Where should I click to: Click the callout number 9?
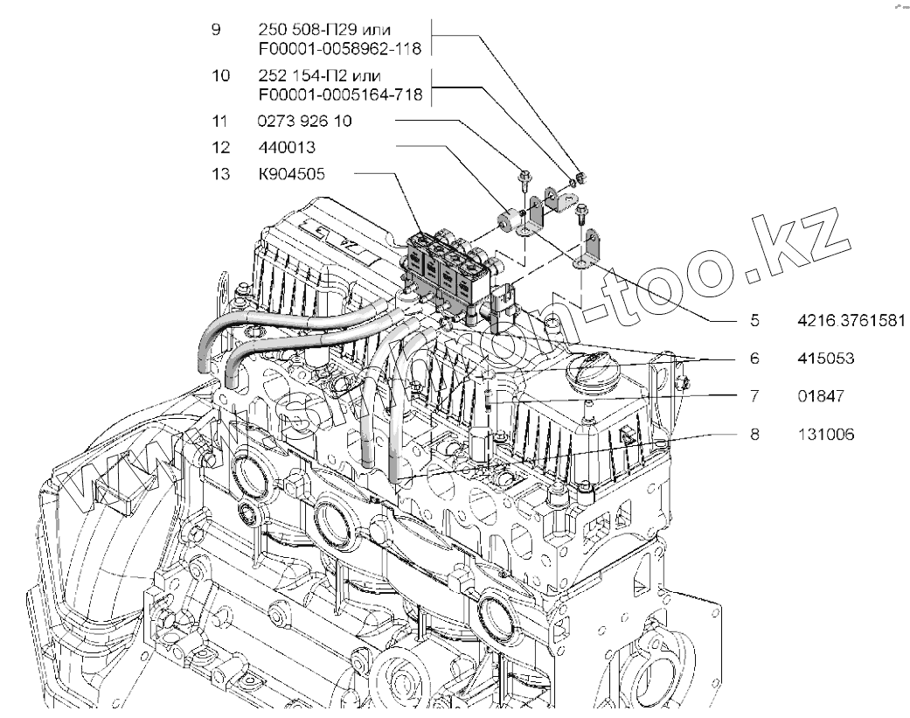click(215, 29)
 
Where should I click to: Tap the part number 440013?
click(281, 148)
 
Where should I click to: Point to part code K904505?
click(291, 174)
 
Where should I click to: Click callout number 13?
click(219, 174)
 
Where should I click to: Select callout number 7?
click(754, 395)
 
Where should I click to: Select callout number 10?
click(219, 76)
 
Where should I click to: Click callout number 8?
click(754, 433)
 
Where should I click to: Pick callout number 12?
click(219, 148)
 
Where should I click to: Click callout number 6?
click(754, 358)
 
